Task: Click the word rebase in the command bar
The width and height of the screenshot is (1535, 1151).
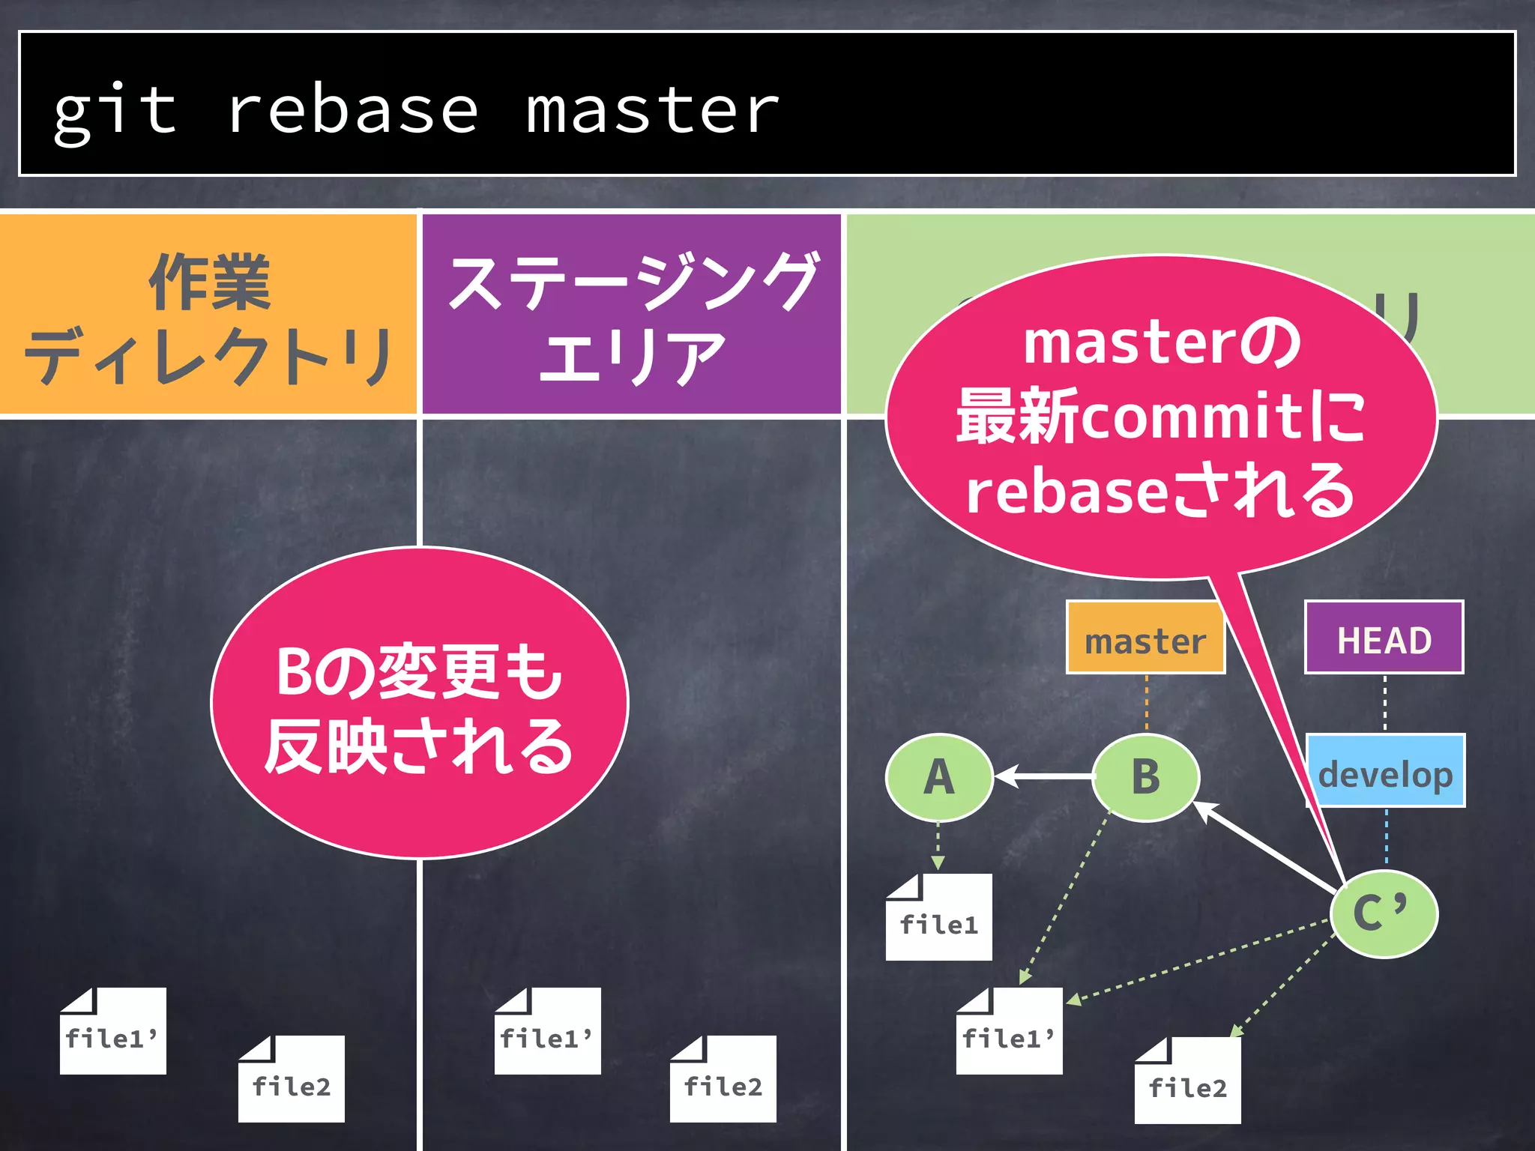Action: (x=352, y=111)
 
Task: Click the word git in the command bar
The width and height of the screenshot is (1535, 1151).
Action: (x=114, y=111)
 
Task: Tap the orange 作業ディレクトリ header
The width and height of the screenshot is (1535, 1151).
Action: (x=208, y=315)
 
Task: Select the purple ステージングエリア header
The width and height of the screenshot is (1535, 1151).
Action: (x=631, y=315)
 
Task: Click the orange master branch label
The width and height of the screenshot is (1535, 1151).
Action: (x=1145, y=638)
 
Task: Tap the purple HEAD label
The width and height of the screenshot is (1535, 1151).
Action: (x=1384, y=638)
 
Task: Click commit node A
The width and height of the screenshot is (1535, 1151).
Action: (x=939, y=777)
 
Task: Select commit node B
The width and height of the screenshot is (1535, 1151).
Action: (x=1145, y=777)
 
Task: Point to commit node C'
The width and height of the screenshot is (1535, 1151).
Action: (x=1384, y=913)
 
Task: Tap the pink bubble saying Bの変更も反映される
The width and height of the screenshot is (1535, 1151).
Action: (x=420, y=704)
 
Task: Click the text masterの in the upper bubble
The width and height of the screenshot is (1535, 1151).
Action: (x=1162, y=342)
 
